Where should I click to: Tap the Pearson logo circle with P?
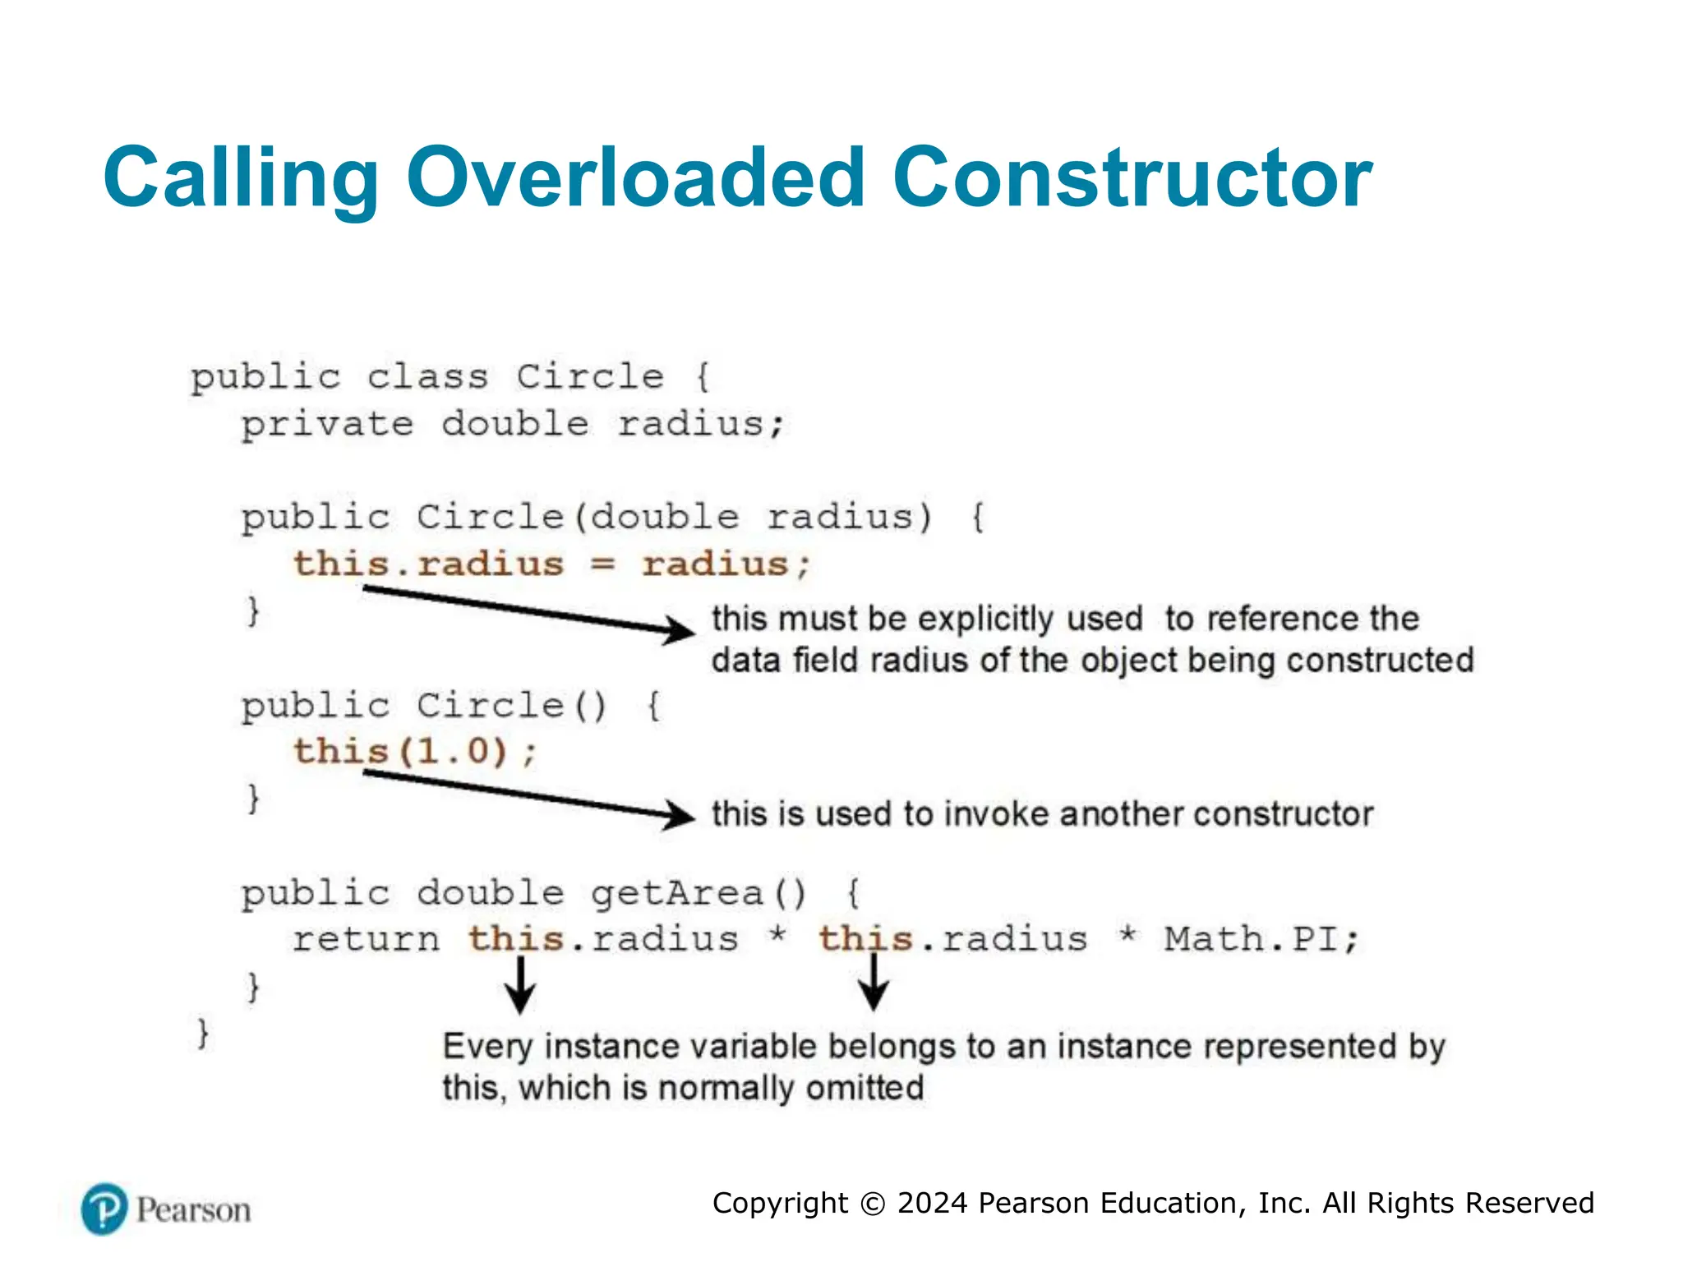(104, 1209)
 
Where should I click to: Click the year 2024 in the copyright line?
(933, 1203)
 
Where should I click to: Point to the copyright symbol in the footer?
(873, 1204)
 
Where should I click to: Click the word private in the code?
(326, 425)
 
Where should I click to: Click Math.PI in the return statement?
(1261, 939)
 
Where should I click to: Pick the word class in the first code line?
(427, 377)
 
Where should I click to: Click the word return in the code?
(366, 939)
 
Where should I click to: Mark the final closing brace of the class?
(202, 1032)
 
